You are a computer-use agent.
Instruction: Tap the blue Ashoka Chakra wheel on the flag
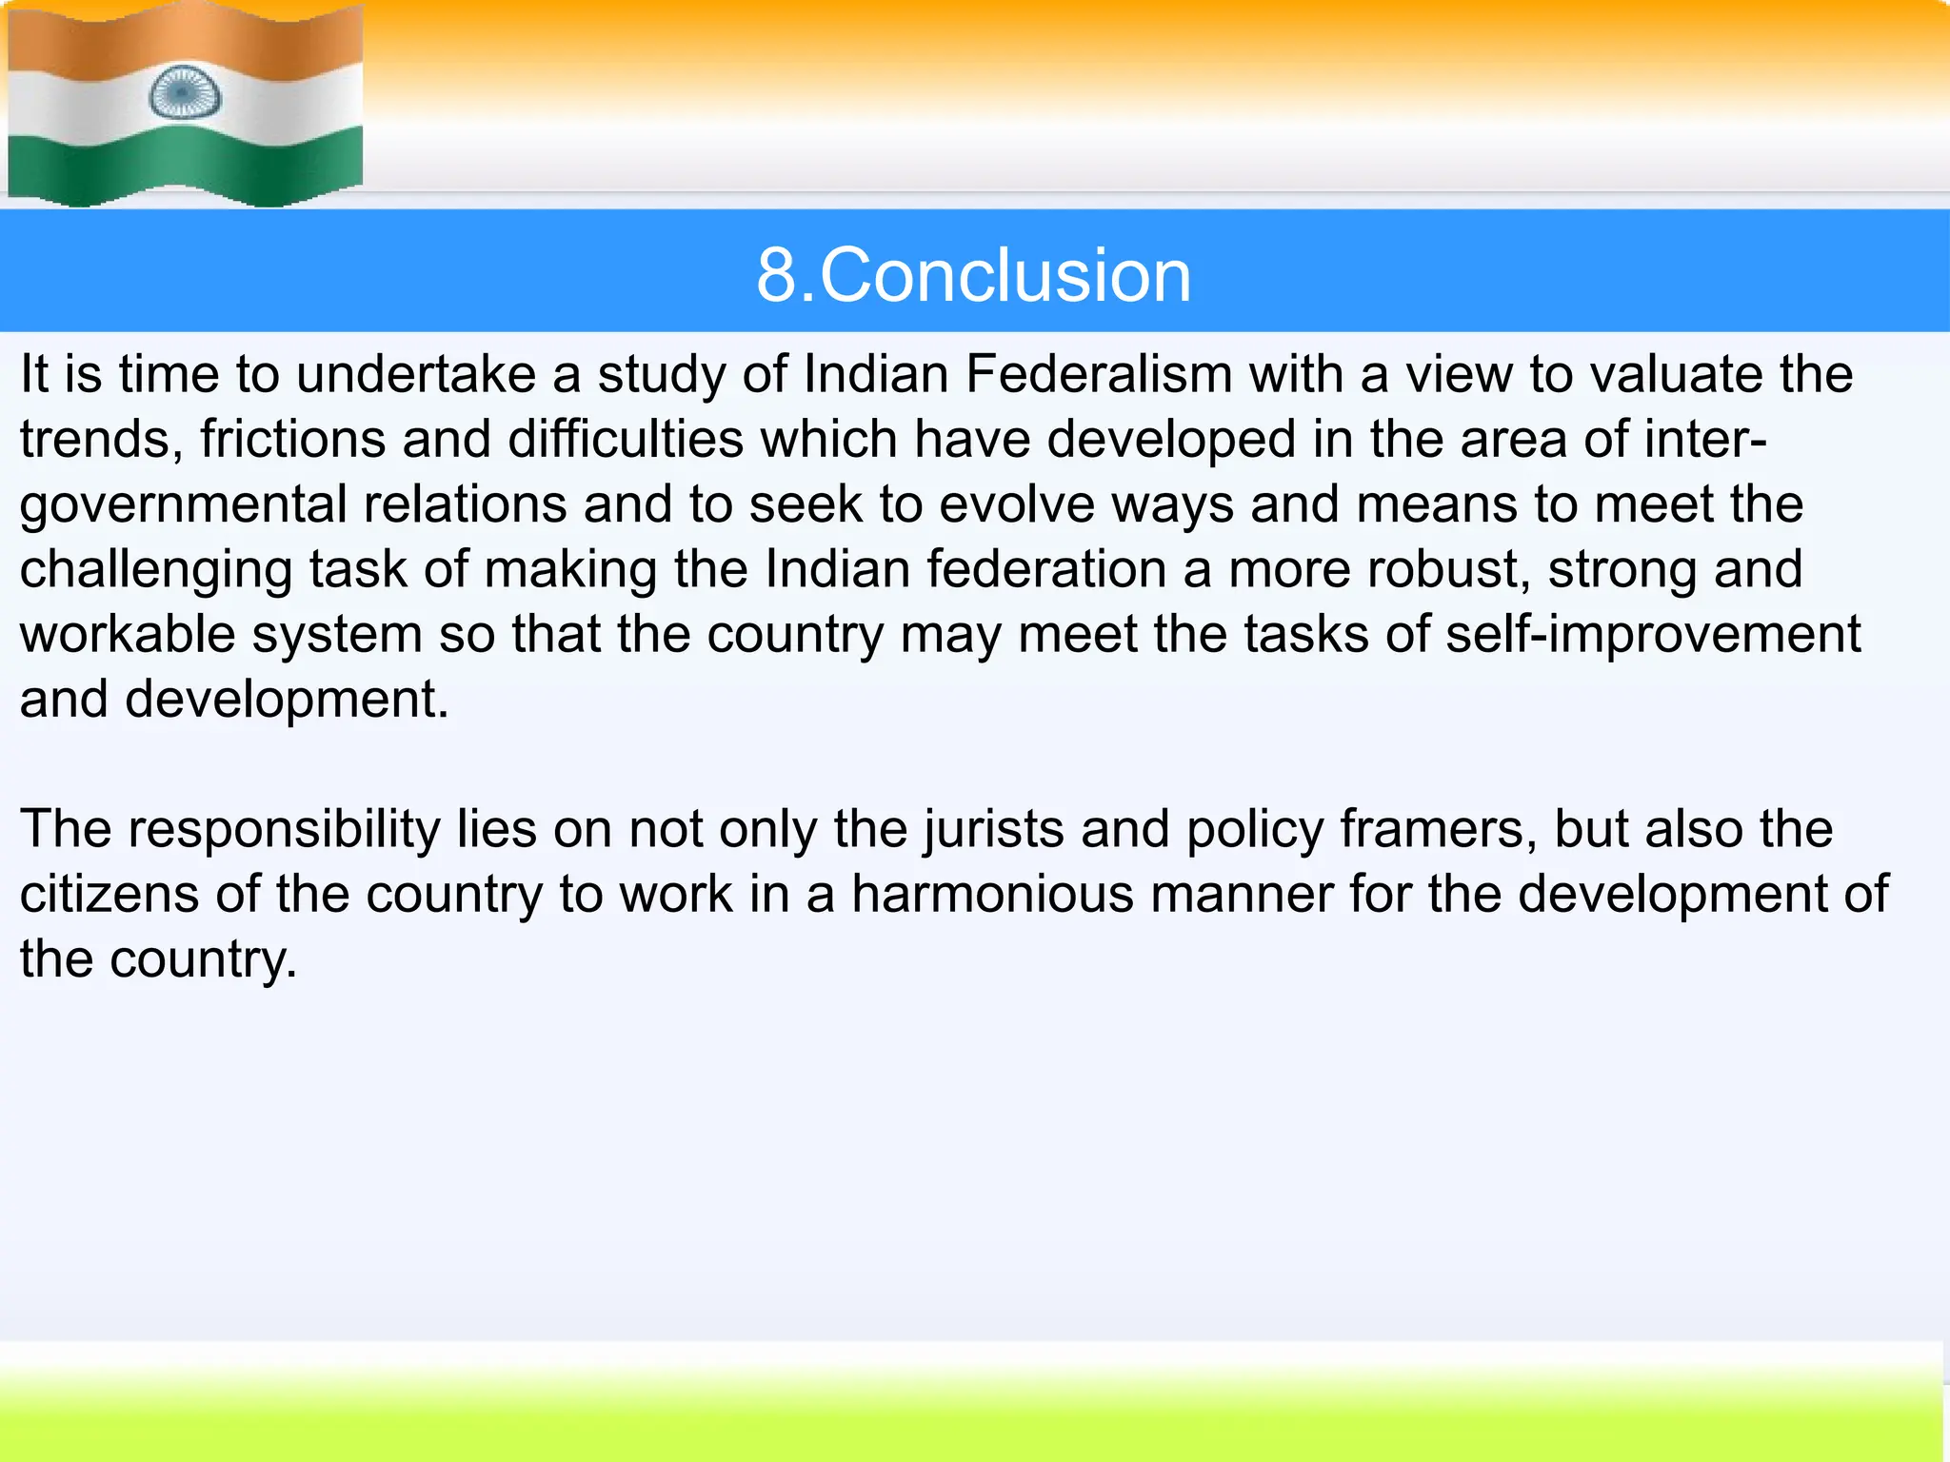click(x=185, y=93)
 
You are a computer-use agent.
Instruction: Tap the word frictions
click(x=292, y=439)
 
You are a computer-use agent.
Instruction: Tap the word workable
click(x=127, y=634)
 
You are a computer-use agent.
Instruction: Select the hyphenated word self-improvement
click(x=1653, y=634)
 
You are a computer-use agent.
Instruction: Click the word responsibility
click(x=284, y=829)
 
